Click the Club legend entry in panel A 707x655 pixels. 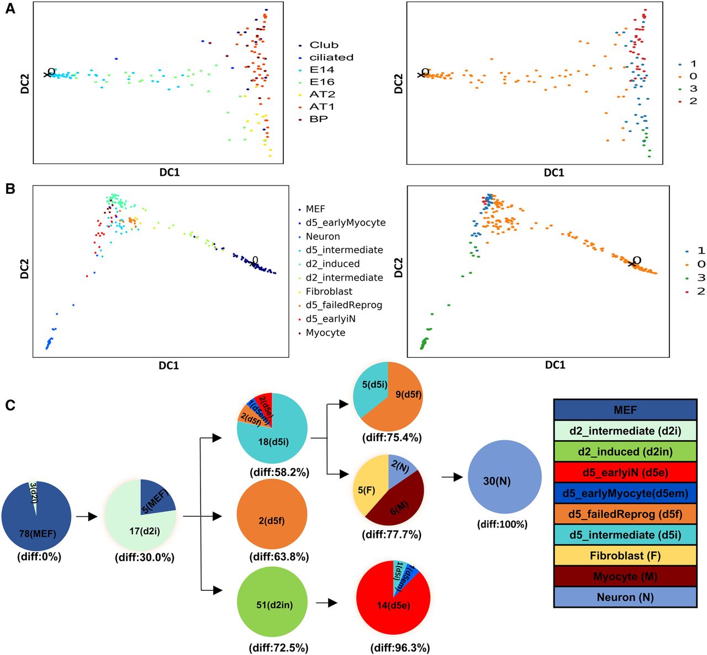tap(323, 45)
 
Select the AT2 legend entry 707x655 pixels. tap(321, 94)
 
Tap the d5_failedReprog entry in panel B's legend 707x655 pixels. tap(344, 305)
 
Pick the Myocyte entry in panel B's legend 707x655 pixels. tap(325, 332)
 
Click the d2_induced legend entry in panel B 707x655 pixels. tap(333, 264)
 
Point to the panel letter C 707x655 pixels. tap(10, 405)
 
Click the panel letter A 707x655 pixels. tap(10, 10)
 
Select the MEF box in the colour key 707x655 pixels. tap(625, 410)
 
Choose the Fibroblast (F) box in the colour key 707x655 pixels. tap(625, 556)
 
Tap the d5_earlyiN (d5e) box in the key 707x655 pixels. tap(625, 473)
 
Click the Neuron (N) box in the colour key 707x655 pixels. tap(625, 597)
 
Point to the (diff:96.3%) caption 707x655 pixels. tap(400, 647)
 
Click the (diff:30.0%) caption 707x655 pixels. tap(144, 557)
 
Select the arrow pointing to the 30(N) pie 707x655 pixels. tap(451, 477)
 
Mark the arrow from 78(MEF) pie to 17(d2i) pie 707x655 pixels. tap(86, 517)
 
